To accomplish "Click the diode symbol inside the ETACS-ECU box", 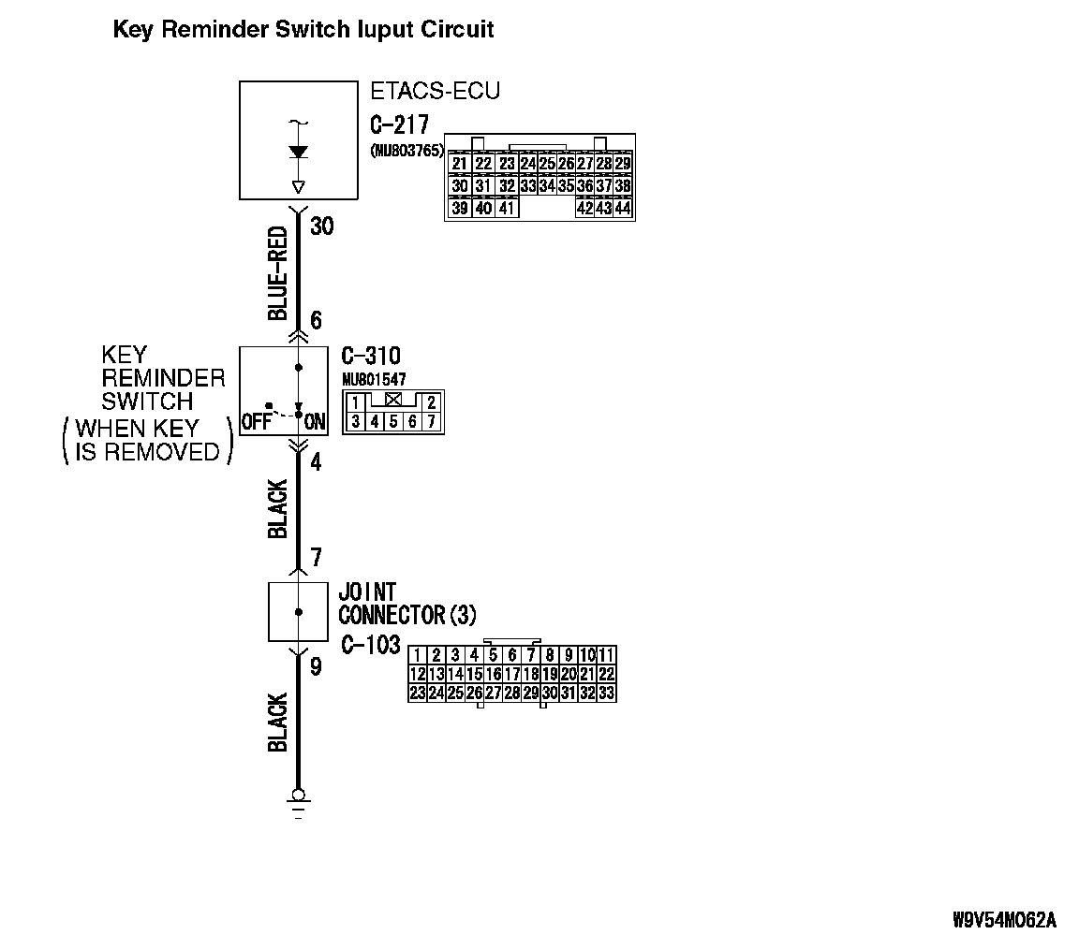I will tap(298, 152).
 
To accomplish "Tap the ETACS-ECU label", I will tap(435, 91).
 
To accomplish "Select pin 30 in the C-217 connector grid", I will tap(459, 185).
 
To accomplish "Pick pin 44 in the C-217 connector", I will tap(622, 208).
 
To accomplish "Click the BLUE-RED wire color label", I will tap(277, 273).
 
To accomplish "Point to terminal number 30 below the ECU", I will tap(321, 226).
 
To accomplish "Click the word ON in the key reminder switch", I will tap(315, 422).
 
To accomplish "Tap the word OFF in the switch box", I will tap(256, 422).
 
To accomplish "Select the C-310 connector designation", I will tap(370, 357).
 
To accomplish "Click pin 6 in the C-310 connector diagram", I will tap(412, 421).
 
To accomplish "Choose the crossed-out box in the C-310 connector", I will tap(393, 400).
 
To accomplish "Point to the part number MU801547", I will tap(374, 378).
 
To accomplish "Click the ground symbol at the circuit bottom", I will tap(298, 800).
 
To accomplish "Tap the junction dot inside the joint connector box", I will tap(298, 612).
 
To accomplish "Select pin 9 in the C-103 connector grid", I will tap(568, 654).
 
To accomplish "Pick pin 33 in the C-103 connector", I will tap(605, 693).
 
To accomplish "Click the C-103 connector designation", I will tap(370, 645).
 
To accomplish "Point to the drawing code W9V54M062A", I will tap(1004, 920).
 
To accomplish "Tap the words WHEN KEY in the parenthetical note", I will tap(137, 429).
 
